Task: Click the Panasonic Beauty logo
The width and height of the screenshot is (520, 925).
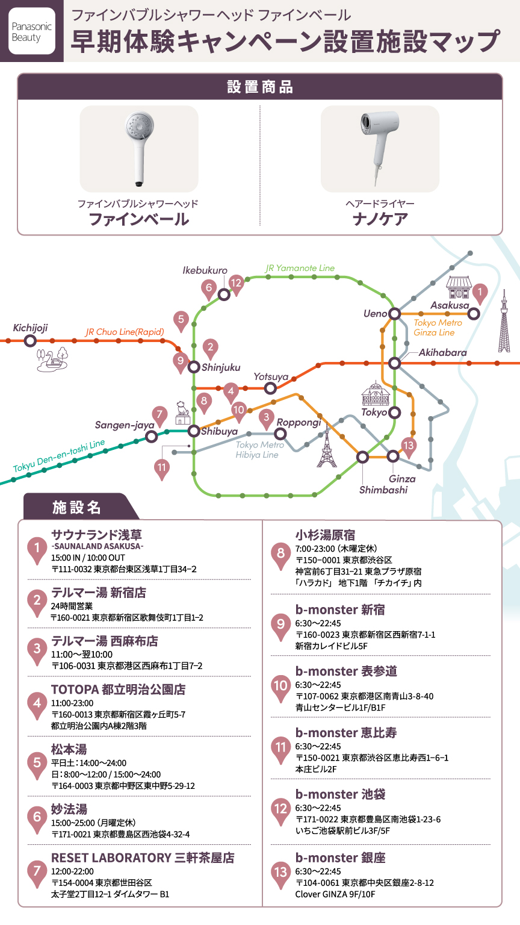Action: coord(32,31)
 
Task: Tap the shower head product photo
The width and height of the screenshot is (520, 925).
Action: coord(138,148)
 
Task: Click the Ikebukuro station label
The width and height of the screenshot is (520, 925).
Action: coord(205,270)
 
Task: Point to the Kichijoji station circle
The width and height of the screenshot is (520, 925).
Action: coord(29,341)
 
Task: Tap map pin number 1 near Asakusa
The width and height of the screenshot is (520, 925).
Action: coord(480,293)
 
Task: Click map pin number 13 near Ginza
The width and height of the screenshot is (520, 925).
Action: coord(409,447)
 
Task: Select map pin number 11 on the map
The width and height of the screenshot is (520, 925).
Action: coord(162,468)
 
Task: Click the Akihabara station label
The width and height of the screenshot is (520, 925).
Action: coord(442,352)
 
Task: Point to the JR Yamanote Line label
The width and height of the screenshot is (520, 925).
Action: coord(300,268)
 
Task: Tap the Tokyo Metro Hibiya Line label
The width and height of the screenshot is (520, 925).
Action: coord(259,450)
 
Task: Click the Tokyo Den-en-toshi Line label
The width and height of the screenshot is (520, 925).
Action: coord(59,456)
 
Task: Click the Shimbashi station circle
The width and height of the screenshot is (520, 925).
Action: coord(363,457)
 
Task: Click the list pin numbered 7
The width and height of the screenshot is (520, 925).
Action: coord(37,871)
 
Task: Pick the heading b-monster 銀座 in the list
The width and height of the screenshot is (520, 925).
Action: coord(340,857)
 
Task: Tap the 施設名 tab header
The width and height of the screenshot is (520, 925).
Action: coord(76,507)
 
